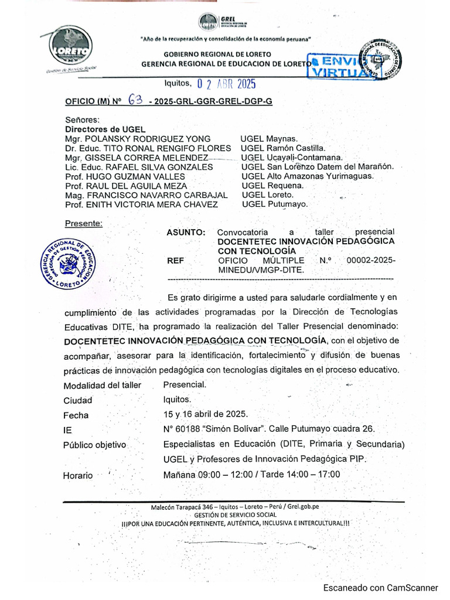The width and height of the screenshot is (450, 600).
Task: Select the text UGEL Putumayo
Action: pyautogui.click(x=274, y=204)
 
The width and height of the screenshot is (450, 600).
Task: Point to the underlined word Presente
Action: pyautogui.click(x=84, y=223)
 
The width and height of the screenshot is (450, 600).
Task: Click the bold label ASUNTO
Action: pyautogui.click(x=186, y=232)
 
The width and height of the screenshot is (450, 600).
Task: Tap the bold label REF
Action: pyautogui.click(x=175, y=261)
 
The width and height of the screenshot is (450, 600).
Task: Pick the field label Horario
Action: pyautogui.click(x=78, y=475)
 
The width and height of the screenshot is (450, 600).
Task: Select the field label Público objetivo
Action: pyautogui.click(x=94, y=445)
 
